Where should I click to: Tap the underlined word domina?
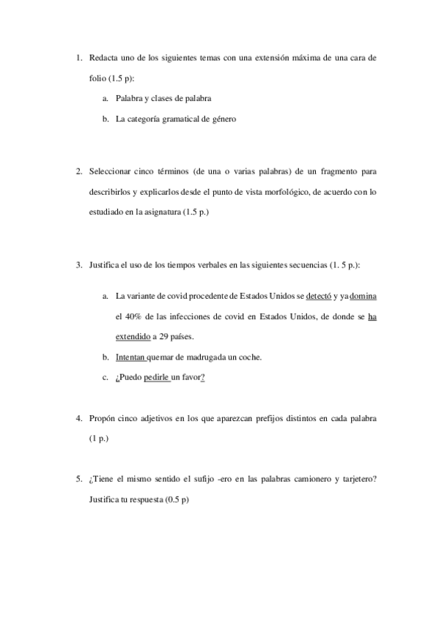364,297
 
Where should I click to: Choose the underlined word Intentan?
130,357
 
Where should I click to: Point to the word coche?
249,357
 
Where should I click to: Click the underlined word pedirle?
156,377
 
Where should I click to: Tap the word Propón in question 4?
101,418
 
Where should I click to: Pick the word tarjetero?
359,479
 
